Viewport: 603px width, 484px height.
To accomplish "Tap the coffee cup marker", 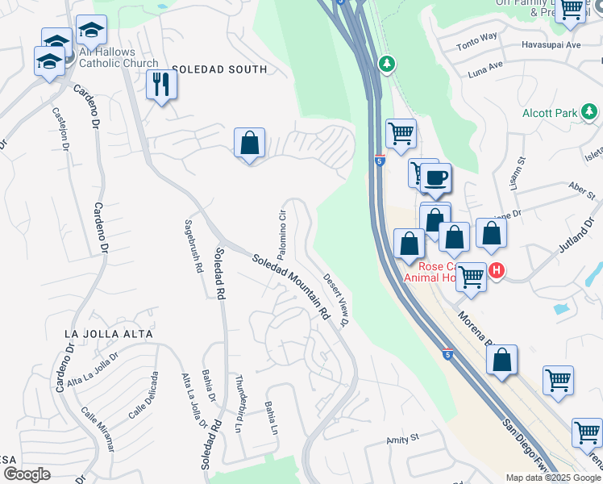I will [436, 178].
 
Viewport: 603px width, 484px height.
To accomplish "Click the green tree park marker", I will [387, 63].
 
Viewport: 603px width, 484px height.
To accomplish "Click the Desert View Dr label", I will [336, 299].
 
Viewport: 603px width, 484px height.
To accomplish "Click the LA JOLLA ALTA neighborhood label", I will [109, 333].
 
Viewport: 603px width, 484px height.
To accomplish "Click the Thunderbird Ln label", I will [239, 403].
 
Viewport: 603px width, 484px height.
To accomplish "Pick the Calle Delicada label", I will [142, 395].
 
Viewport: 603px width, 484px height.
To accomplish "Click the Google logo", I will [26, 474].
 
